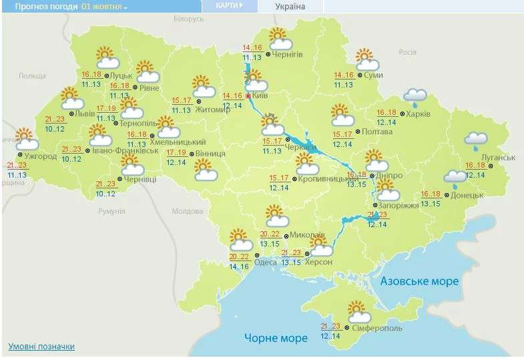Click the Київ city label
pyautogui.click(x=262, y=96)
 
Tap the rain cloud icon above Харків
pyautogui.click(x=415, y=98)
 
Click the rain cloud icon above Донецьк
pyautogui.click(x=457, y=176)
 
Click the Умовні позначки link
pyautogui.click(x=41, y=347)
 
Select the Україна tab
pyautogui.click(x=290, y=7)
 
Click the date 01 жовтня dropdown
pyautogui.click(x=104, y=6)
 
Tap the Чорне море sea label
pyautogui.click(x=276, y=338)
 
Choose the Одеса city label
pyautogui.click(x=266, y=262)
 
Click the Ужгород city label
pyautogui.click(x=41, y=156)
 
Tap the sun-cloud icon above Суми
pyautogui.click(x=366, y=59)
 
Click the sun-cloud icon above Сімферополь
pyautogui.click(x=359, y=312)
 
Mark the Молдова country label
pyautogui.click(x=187, y=211)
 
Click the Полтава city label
pyautogui.click(x=376, y=132)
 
